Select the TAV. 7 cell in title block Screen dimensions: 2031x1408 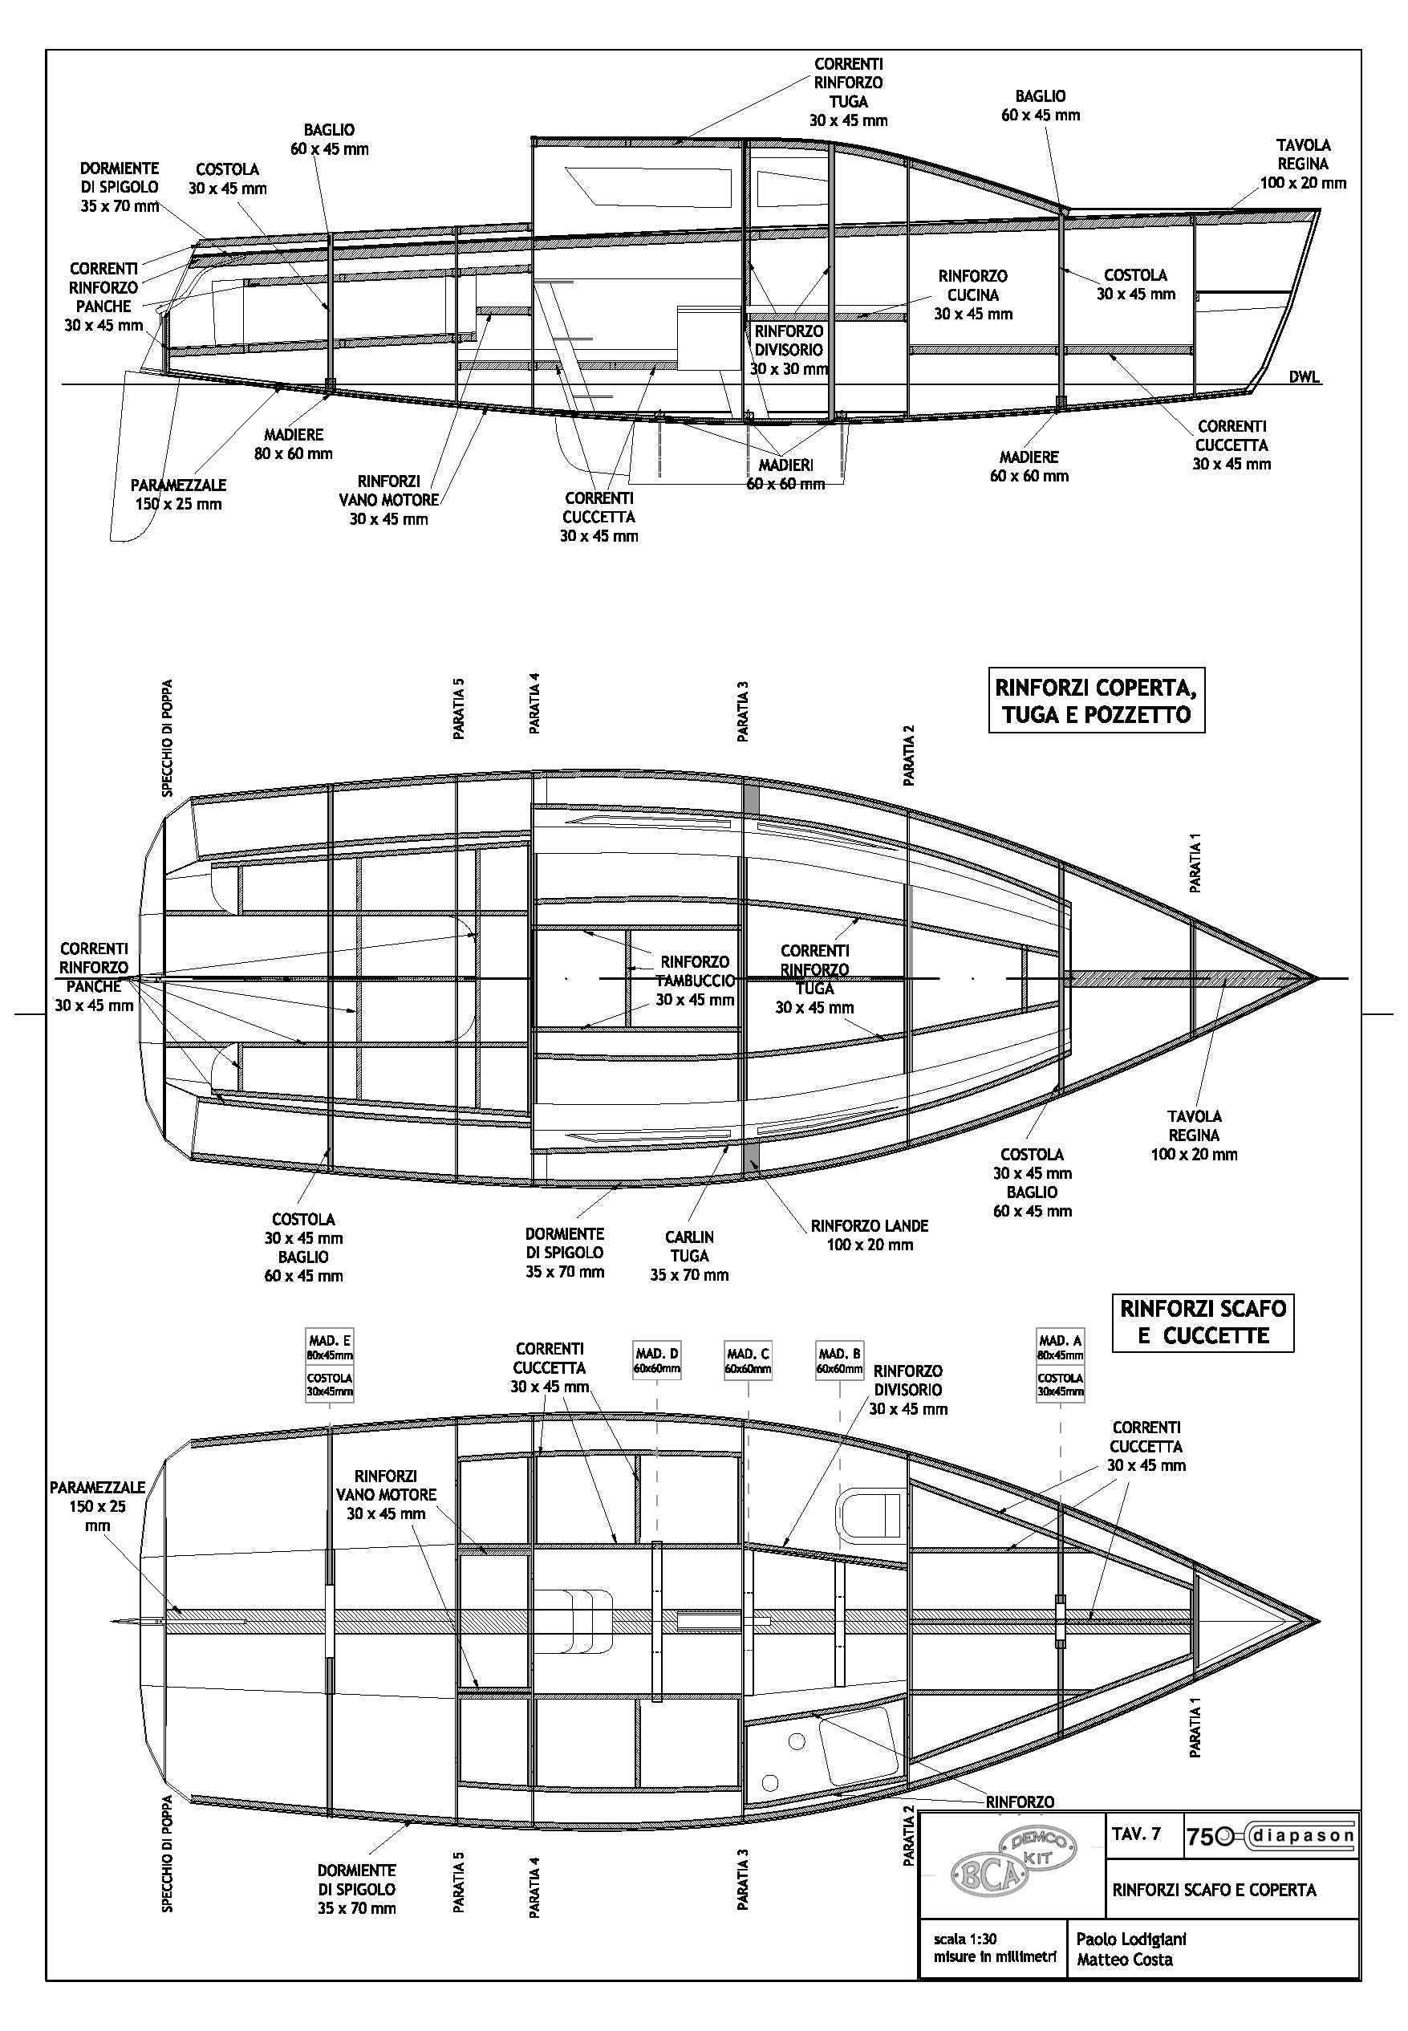point(1137,1834)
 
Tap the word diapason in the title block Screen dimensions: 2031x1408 point(1303,1836)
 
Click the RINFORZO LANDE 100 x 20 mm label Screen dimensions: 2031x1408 point(869,1235)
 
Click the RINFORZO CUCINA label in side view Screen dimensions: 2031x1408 point(972,294)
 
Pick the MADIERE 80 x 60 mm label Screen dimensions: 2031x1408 point(294,444)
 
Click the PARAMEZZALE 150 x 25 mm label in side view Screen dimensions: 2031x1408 point(178,494)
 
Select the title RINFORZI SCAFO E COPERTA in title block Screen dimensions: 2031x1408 point(1214,1889)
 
